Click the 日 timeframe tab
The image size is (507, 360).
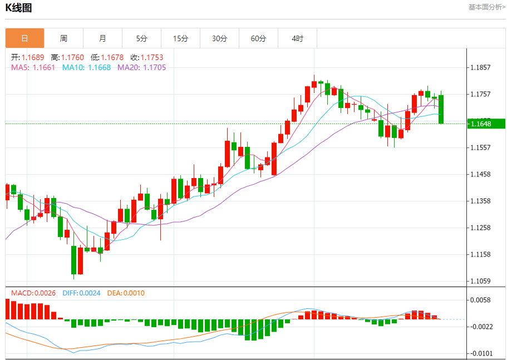(x=24, y=38)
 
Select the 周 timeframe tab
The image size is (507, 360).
(x=63, y=38)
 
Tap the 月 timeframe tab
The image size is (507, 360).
(x=102, y=38)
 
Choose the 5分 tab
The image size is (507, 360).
(x=141, y=38)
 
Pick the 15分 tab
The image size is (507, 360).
(x=180, y=38)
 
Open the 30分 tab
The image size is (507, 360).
(x=219, y=38)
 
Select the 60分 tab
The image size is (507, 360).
(x=258, y=38)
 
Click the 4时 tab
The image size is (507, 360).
(x=297, y=38)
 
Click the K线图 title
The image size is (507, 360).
(x=19, y=8)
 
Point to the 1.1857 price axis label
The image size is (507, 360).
(x=480, y=68)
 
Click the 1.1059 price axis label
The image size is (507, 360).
(x=480, y=281)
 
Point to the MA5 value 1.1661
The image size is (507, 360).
(x=43, y=67)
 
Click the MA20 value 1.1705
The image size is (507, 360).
(x=154, y=67)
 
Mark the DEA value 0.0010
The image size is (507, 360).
(x=134, y=293)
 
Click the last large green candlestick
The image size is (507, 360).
(x=441, y=109)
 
